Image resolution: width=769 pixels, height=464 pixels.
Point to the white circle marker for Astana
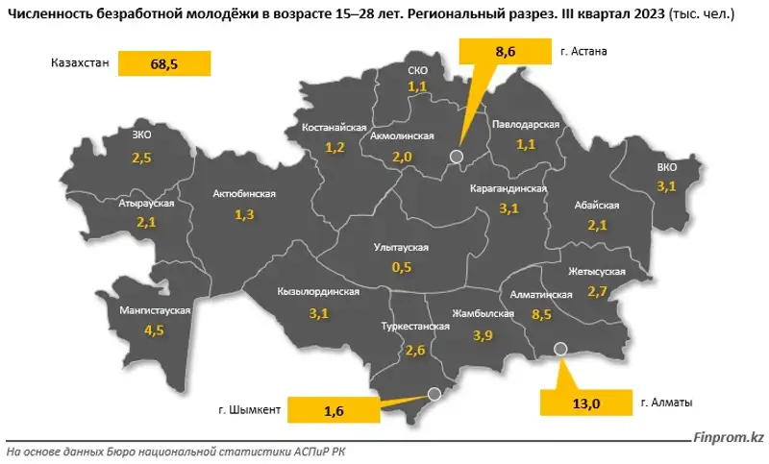pyautogui.click(x=457, y=156)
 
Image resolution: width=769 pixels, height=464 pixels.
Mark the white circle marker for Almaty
pyautogui.click(x=562, y=350)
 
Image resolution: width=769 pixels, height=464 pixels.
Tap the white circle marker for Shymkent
pyautogui.click(x=434, y=393)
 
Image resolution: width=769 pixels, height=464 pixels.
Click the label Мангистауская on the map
pyautogui.click(x=154, y=311)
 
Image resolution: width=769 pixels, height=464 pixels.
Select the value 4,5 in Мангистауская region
pyautogui.click(x=154, y=331)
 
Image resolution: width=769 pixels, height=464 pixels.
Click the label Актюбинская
pyautogui.click(x=244, y=194)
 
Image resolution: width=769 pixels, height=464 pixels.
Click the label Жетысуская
pyautogui.click(x=596, y=271)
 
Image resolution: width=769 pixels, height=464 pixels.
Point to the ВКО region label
pyautogui.click(x=667, y=167)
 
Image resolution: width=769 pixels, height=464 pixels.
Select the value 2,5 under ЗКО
pyautogui.click(x=142, y=156)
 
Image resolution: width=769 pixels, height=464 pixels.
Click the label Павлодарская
pyautogui.click(x=525, y=126)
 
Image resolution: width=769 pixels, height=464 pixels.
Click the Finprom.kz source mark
pyautogui.click(x=728, y=438)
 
